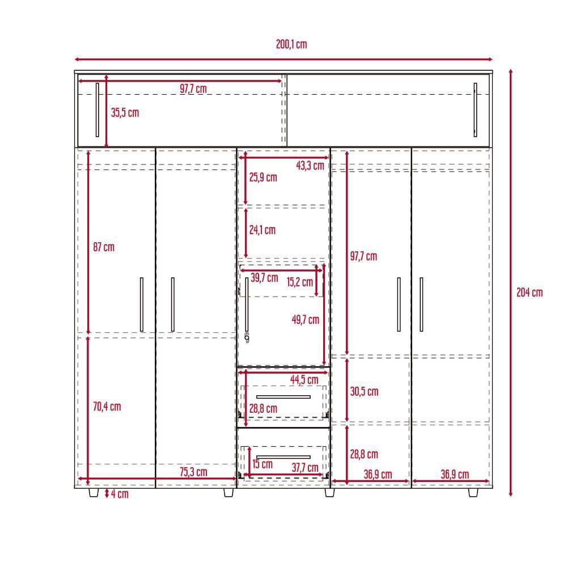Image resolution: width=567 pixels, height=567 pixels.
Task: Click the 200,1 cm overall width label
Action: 291,44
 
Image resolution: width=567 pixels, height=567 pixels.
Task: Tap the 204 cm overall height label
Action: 530,292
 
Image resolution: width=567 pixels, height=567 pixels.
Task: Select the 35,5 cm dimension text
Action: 125,112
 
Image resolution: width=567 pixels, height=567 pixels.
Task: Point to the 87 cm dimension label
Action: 104,247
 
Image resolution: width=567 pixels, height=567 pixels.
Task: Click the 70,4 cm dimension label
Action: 107,407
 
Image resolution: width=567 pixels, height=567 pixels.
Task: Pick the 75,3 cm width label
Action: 193,472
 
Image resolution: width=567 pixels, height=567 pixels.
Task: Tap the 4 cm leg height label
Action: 120,494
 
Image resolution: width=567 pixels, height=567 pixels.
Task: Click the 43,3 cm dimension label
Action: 310,166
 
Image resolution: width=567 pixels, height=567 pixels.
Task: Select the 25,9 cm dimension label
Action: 263,177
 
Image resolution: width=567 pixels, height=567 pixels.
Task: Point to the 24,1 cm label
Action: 262,230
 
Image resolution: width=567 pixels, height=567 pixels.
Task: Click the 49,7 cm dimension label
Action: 306,320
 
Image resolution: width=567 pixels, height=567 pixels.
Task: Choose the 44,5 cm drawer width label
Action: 304,380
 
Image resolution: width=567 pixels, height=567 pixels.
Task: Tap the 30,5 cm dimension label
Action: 364,391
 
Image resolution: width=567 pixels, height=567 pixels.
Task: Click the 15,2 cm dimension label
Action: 300,282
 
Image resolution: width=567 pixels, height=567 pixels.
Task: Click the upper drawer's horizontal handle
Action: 283,397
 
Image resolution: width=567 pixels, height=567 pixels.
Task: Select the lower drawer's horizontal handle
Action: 283,457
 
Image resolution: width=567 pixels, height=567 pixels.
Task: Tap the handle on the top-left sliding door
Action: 98,110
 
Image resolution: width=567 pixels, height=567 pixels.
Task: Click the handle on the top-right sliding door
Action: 475,110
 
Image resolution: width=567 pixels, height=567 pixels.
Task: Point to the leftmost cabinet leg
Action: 94,493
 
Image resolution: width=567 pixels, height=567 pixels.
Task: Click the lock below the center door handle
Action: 247,337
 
